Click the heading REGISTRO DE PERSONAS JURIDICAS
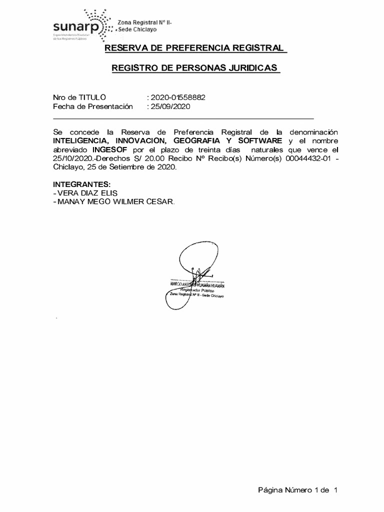click(195, 67)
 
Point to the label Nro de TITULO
click(79, 97)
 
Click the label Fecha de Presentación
click(93, 106)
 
